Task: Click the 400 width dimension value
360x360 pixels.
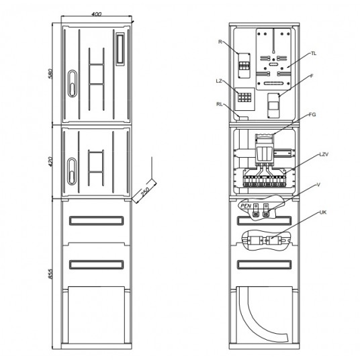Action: pyautogui.click(x=96, y=14)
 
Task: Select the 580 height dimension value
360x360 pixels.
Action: pyautogui.click(x=50, y=73)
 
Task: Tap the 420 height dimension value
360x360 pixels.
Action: pyautogui.click(x=50, y=162)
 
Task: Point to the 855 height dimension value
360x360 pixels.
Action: pyautogui.click(x=50, y=274)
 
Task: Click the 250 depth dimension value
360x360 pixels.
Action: pyautogui.click(x=145, y=191)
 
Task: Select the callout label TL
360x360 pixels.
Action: pyautogui.click(x=314, y=54)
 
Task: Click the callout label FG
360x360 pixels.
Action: pyautogui.click(x=312, y=114)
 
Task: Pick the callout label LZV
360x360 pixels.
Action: pyautogui.click(x=324, y=154)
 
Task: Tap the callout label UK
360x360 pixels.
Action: pyautogui.click(x=323, y=212)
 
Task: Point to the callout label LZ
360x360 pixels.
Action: pyautogui.click(x=219, y=81)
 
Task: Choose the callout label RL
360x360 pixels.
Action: pyautogui.click(x=220, y=104)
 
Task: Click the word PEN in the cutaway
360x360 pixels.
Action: pyautogui.click(x=246, y=206)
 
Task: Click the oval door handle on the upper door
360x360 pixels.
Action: pyautogui.click(x=73, y=83)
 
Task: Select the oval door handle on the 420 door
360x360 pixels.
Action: pyautogui.click(x=72, y=171)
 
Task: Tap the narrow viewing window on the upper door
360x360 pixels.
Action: pyautogui.click(x=120, y=49)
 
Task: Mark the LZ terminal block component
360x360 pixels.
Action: pyautogui.click(x=244, y=99)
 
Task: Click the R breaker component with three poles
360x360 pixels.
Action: pyautogui.click(x=244, y=66)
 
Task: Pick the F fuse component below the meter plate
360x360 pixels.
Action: pyautogui.click(x=273, y=105)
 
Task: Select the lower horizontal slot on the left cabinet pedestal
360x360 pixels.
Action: pyautogui.click(x=96, y=265)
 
